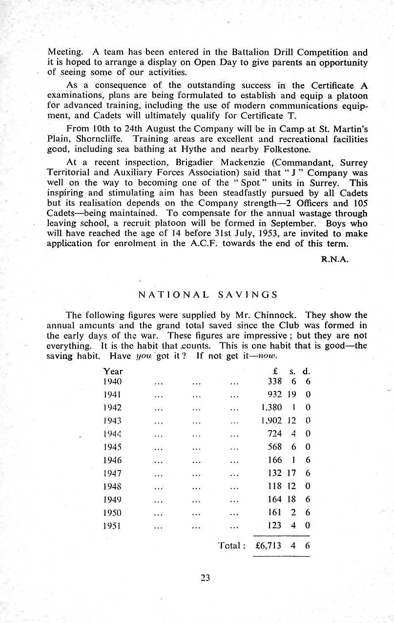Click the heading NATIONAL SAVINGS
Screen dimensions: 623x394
point(208,295)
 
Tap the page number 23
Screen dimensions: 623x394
point(205,578)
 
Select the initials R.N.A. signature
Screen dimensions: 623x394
point(334,260)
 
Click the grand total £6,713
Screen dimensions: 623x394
point(269,546)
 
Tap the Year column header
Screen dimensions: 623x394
point(113,371)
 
